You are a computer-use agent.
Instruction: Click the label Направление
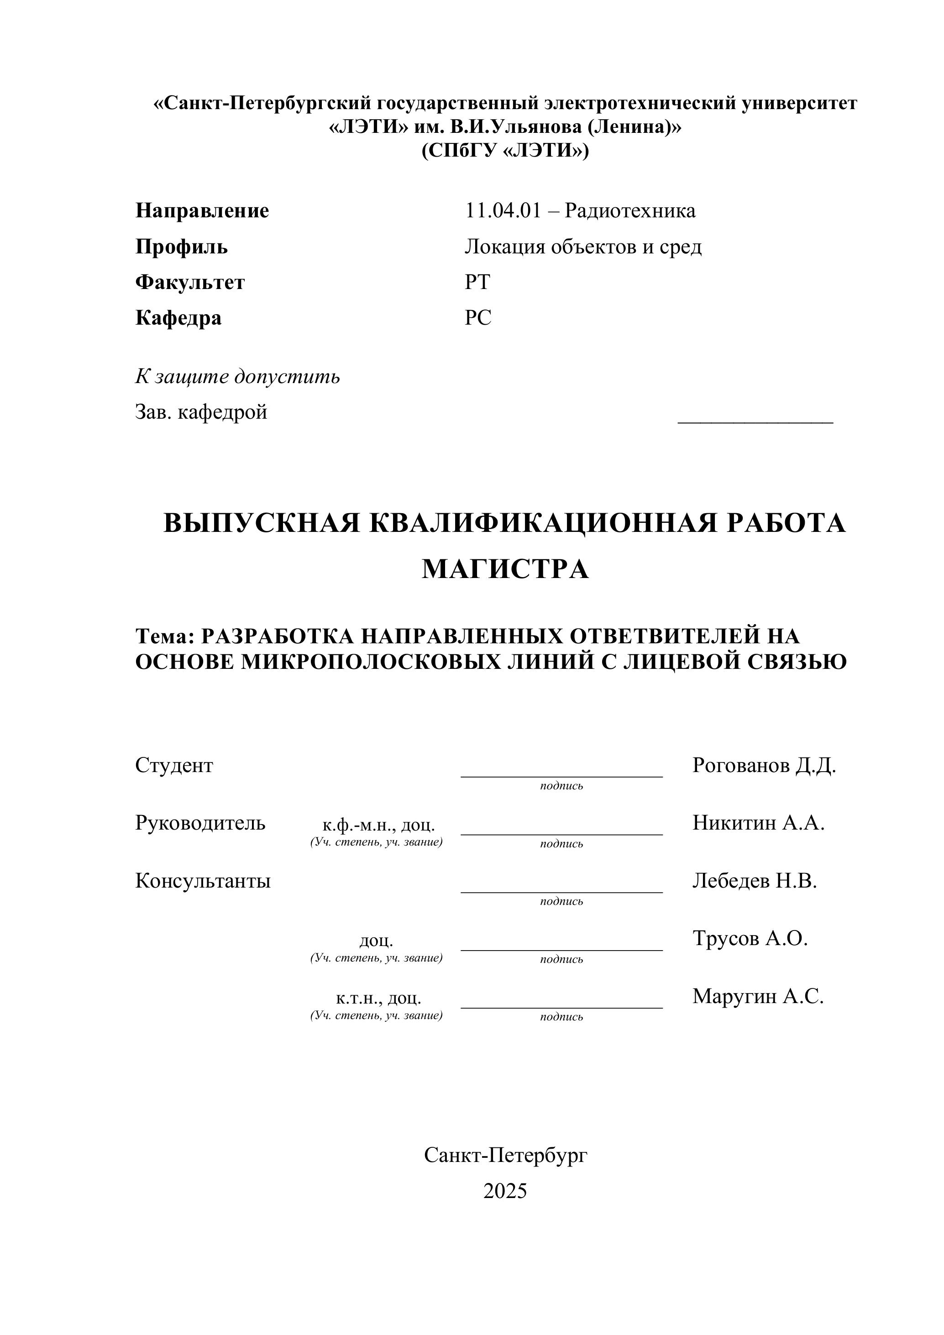[x=202, y=210]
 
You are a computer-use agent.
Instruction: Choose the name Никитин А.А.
[x=758, y=823]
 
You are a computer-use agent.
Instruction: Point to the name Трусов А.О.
[x=750, y=938]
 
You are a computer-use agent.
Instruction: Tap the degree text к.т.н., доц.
[x=378, y=999]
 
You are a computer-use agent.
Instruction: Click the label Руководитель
[x=200, y=823]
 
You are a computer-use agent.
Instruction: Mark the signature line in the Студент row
[x=561, y=776]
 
